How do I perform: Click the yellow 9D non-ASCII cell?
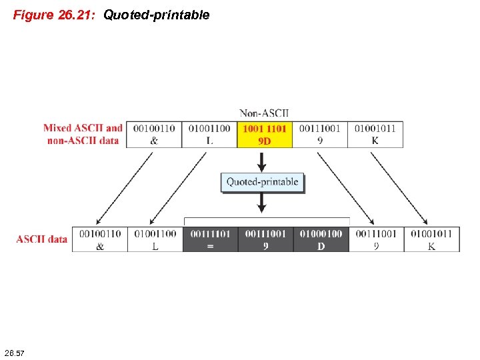(x=265, y=134)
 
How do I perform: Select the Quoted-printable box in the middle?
(x=262, y=182)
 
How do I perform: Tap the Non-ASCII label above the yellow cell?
(x=265, y=113)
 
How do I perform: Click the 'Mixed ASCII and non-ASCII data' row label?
(x=83, y=134)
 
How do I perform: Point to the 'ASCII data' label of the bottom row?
(x=42, y=239)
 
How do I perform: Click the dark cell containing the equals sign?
(x=210, y=239)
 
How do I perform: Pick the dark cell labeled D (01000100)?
(x=321, y=239)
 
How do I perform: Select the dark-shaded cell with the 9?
(x=265, y=239)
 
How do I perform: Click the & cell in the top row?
(x=155, y=134)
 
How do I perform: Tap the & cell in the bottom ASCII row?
(x=100, y=239)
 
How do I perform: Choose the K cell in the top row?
(x=375, y=134)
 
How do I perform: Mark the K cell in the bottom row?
(x=431, y=239)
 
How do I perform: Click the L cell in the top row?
(x=209, y=134)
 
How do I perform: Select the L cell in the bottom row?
(x=155, y=239)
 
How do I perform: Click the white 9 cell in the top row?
(x=320, y=134)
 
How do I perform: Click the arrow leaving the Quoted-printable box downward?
(x=262, y=203)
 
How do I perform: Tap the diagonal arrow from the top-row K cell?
(x=403, y=187)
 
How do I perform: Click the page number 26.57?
(x=14, y=351)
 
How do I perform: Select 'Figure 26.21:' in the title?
(x=56, y=15)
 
